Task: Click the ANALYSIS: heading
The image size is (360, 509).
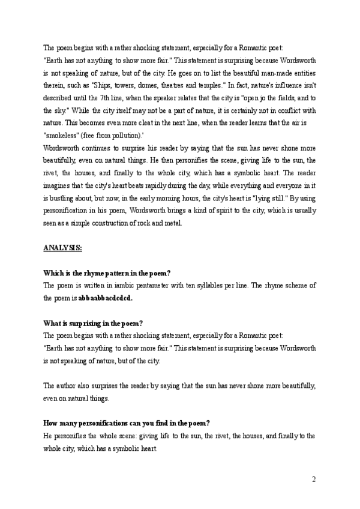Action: tap(62, 247)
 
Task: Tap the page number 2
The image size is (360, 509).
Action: tap(314, 479)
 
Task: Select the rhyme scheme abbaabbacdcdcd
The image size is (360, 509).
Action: tap(106, 297)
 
